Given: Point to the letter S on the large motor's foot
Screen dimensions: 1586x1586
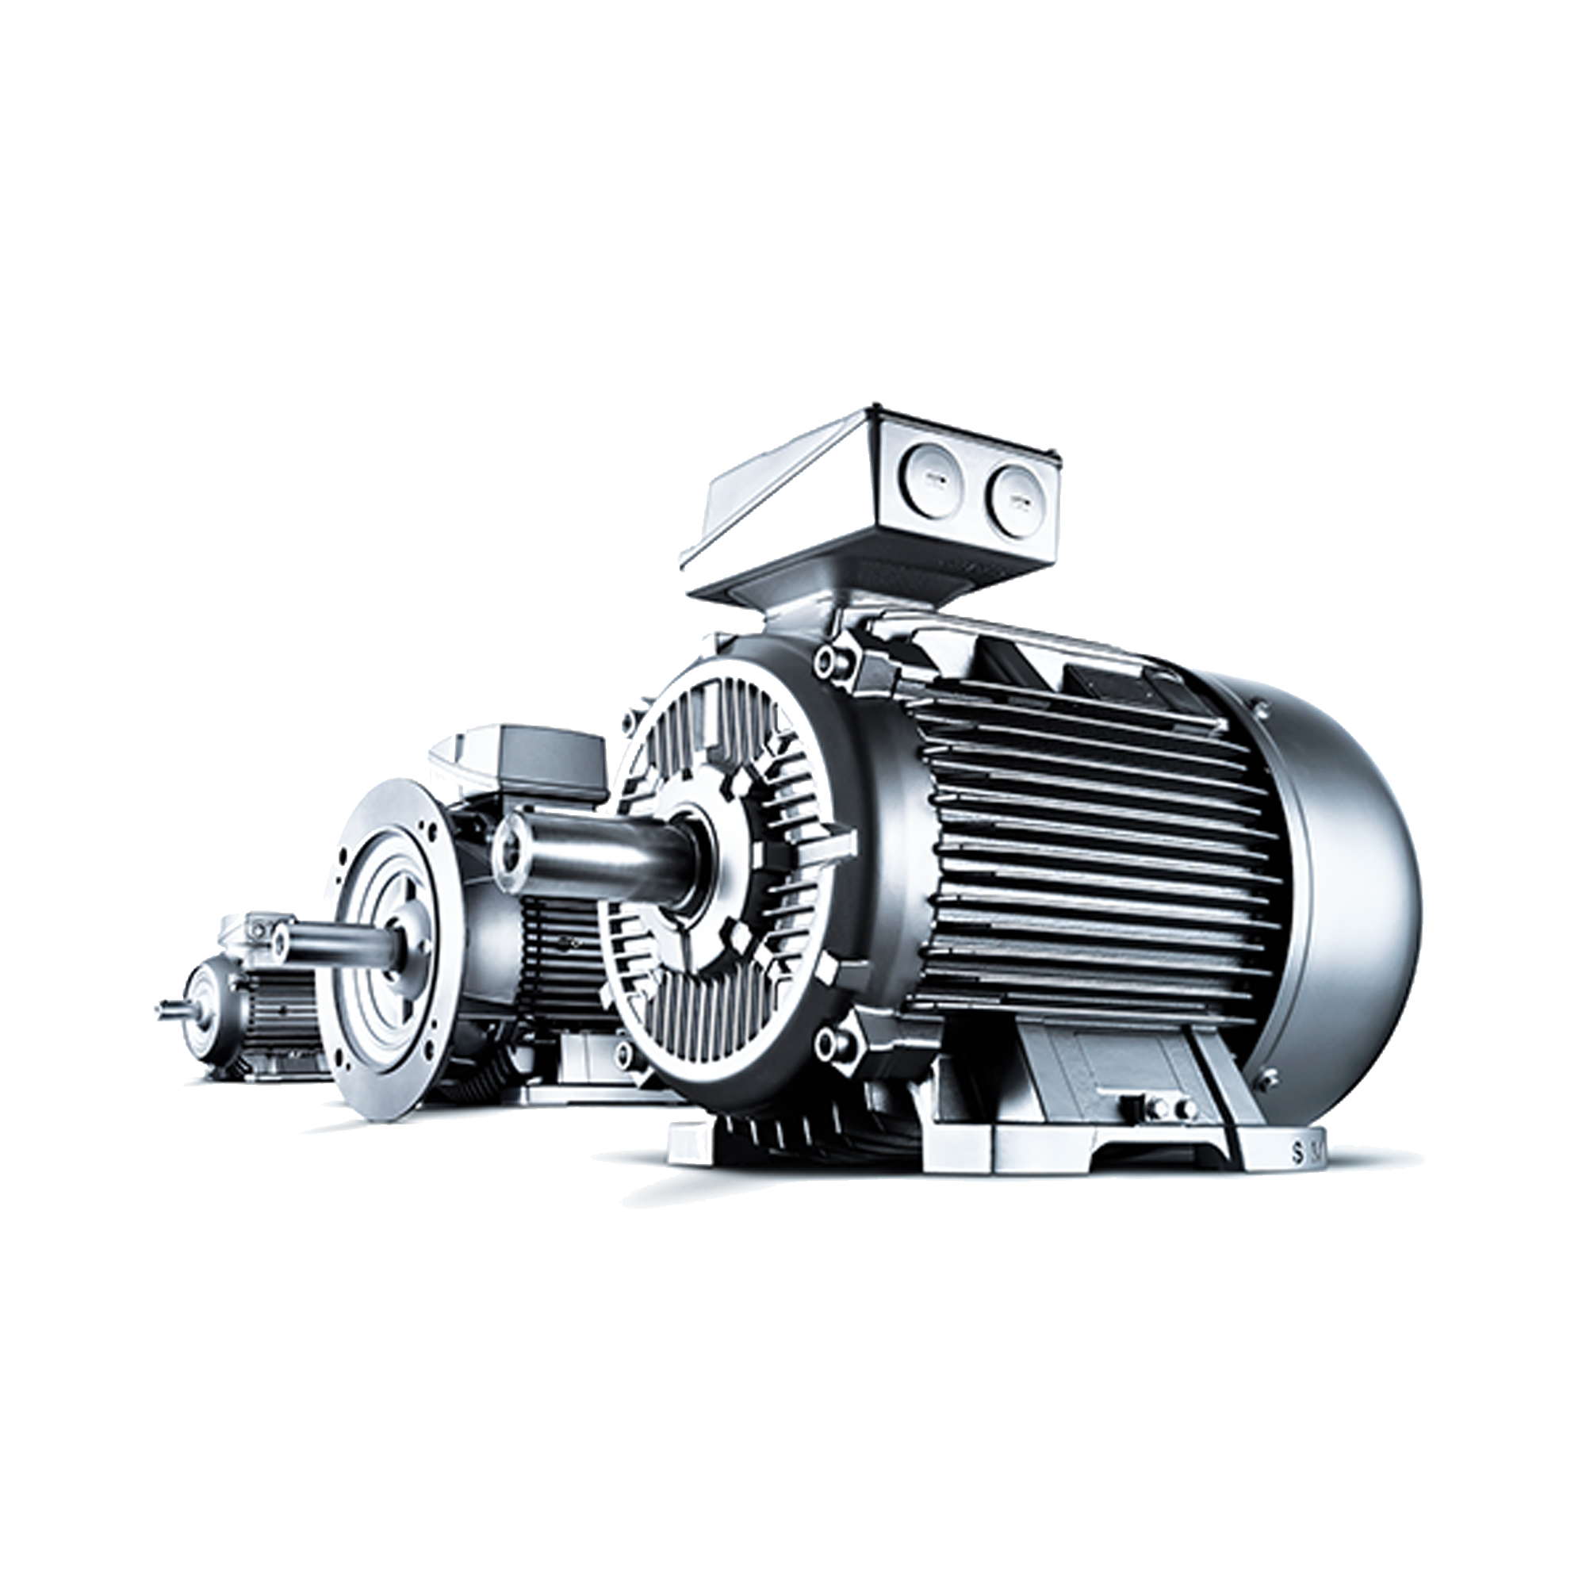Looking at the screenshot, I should coord(1297,1152).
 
